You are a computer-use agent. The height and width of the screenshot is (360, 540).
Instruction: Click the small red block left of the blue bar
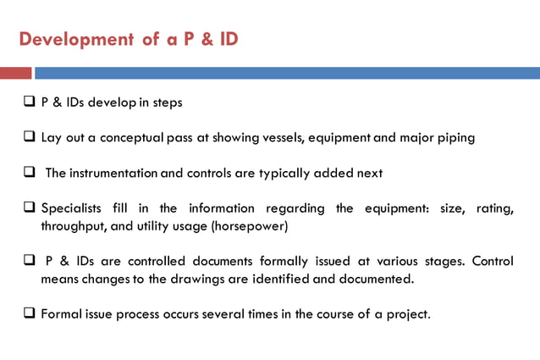tap(15, 73)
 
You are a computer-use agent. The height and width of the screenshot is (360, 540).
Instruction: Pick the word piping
tap(455, 137)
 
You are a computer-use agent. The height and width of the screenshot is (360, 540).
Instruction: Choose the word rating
tap(494, 208)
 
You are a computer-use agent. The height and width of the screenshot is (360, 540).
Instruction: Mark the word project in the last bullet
tap(407, 314)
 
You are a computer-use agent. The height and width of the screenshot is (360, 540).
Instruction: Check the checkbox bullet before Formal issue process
tap(28, 314)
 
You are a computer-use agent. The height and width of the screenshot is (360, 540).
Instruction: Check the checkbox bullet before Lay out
tap(28, 137)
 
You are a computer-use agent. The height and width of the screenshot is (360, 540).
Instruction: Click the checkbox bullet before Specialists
tap(28, 208)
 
